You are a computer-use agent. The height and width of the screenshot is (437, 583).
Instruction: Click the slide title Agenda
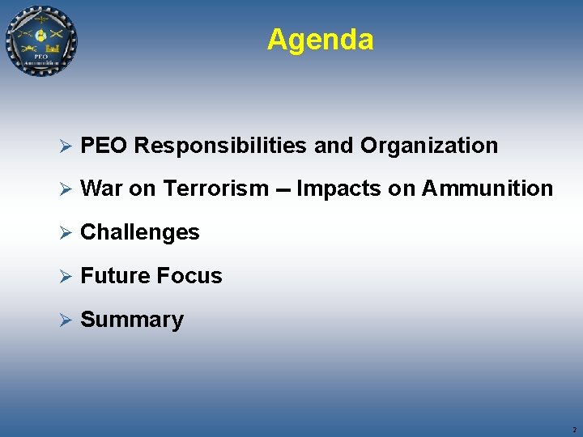[320, 39]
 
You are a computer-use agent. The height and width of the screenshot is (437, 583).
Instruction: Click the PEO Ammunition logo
[41, 40]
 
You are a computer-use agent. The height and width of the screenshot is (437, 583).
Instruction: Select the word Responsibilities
[220, 146]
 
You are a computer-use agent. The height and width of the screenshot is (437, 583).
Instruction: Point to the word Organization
[429, 146]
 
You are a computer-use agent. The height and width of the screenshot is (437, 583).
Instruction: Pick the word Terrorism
[215, 189]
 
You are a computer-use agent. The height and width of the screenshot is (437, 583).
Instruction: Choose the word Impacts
[333, 189]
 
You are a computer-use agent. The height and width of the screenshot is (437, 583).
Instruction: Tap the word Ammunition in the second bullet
[487, 189]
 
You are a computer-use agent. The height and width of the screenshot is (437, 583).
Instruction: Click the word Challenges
[140, 232]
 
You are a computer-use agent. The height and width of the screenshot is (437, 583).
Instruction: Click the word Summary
[132, 320]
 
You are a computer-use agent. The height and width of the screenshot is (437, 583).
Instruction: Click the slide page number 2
[574, 431]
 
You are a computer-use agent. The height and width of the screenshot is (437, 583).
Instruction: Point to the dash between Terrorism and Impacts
[283, 190]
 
